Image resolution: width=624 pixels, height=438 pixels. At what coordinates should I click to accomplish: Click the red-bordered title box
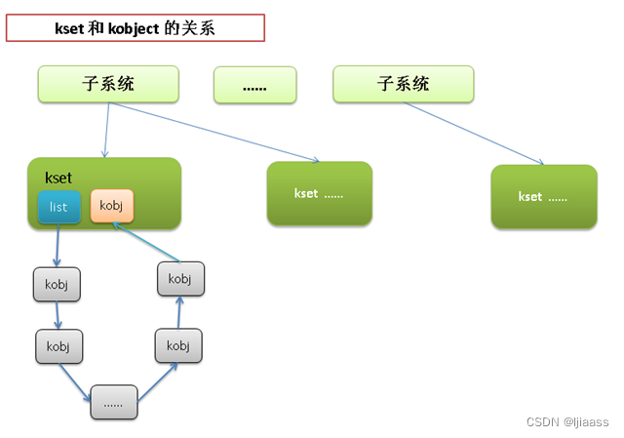tap(136, 28)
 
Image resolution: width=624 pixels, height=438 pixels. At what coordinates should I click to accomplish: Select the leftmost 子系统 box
tap(108, 85)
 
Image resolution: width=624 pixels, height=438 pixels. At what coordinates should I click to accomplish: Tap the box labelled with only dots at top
tap(254, 86)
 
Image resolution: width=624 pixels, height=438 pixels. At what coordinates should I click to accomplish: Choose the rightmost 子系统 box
tap(403, 85)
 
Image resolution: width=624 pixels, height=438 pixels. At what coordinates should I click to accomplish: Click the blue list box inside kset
tap(58, 207)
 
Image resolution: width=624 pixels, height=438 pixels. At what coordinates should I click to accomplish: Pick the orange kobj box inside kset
tap(111, 206)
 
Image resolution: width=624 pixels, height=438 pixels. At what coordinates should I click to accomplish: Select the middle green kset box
tap(319, 193)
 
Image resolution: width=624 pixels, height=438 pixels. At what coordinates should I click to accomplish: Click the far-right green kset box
tap(543, 196)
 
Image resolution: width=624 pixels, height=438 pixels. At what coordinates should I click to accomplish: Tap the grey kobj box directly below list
tap(57, 284)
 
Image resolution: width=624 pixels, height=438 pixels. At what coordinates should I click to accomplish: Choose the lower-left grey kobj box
tap(58, 345)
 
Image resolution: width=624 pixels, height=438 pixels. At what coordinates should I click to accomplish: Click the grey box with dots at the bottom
tap(114, 402)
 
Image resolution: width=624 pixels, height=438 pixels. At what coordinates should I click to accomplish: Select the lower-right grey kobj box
tap(177, 345)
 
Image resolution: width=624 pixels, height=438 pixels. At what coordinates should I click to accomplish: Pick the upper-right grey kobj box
tap(180, 279)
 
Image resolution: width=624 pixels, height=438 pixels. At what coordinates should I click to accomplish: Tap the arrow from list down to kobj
tap(57, 245)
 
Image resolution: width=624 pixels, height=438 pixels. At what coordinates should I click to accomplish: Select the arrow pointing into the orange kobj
tap(146, 242)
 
